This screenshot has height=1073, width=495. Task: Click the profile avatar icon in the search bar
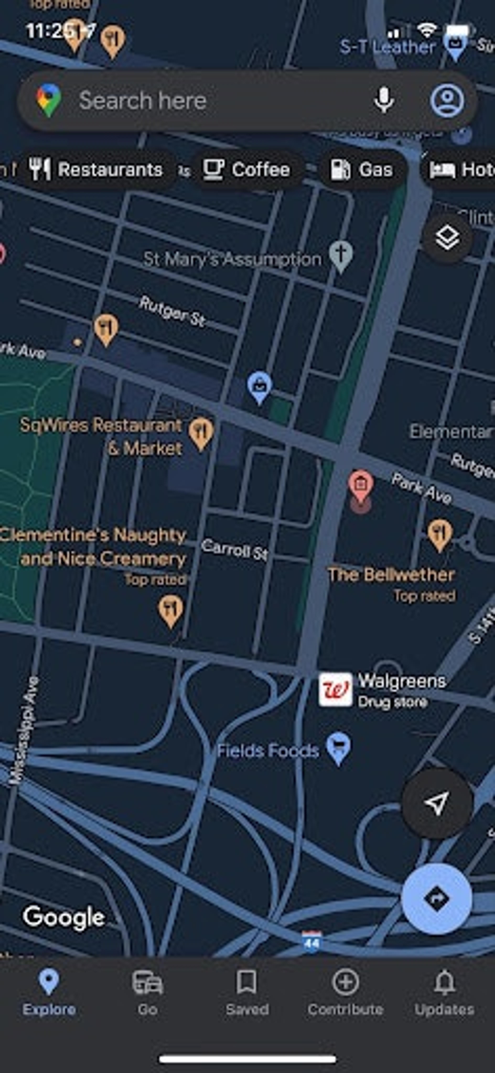447,100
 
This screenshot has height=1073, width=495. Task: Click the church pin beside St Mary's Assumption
341,255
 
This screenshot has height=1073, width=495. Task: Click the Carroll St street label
234,549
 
